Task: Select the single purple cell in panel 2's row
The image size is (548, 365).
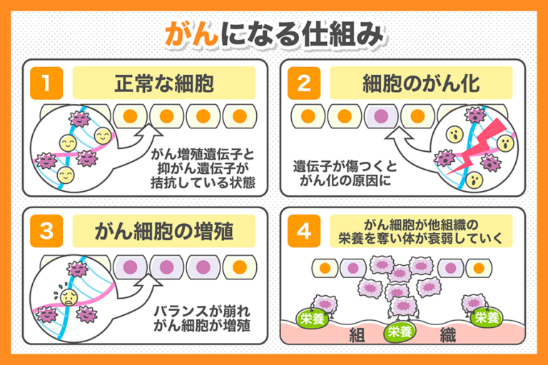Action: pyautogui.click(x=382, y=115)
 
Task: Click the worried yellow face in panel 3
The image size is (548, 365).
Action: pyautogui.click(x=69, y=295)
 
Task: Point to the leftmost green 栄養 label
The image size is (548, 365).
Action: pyautogui.click(x=313, y=319)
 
